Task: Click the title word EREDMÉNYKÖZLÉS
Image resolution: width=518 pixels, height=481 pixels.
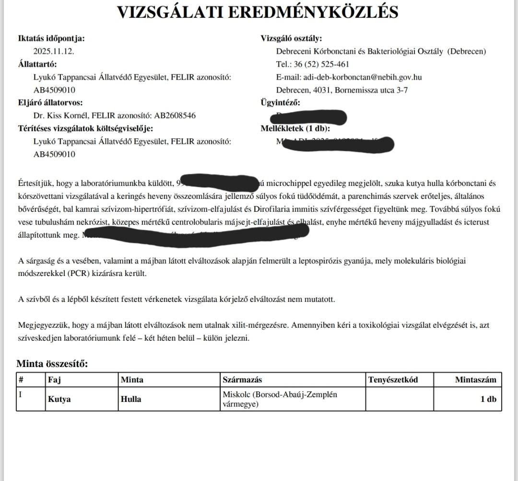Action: (312, 12)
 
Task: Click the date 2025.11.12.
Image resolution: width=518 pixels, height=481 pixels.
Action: (54, 51)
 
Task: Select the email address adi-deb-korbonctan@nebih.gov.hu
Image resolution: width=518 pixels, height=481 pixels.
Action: (362, 77)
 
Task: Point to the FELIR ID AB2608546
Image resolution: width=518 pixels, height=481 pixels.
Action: (174, 115)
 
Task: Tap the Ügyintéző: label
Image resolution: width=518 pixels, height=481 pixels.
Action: (280, 103)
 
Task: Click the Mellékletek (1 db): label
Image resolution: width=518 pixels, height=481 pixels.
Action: (295, 128)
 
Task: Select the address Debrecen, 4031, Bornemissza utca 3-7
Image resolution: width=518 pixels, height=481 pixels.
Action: (342, 90)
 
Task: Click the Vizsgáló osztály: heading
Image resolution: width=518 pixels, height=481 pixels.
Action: (291, 38)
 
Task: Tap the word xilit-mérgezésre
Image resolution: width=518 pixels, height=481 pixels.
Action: (261, 325)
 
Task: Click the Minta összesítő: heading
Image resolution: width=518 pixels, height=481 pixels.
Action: (52, 364)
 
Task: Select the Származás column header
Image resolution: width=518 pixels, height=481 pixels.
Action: (242, 380)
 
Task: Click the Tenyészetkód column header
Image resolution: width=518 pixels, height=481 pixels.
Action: (393, 380)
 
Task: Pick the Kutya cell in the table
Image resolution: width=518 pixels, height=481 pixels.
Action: (59, 399)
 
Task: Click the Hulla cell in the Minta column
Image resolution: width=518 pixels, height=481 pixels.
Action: (131, 399)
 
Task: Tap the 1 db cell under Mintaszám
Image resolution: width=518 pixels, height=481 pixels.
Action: (488, 399)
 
